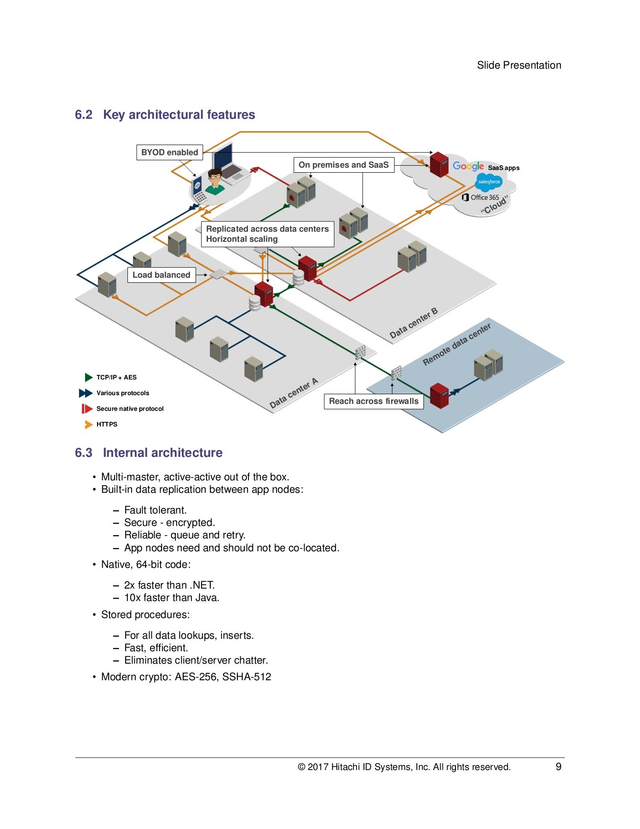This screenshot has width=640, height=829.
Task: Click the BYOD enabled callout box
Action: pyautogui.click(x=169, y=152)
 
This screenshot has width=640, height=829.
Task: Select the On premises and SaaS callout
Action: pyautogui.click(x=344, y=165)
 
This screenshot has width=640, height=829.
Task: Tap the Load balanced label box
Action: pyautogui.click(x=161, y=275)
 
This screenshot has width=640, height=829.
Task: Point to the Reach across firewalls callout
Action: pyautogui.click(x=374, y=401)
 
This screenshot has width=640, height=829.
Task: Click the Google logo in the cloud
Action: pyautogui.click(x=468, y=166)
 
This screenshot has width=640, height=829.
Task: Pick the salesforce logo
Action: pyautogui.click(x=489, y=182)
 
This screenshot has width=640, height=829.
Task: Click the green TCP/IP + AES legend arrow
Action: pyautogui.click(x=89, y=377)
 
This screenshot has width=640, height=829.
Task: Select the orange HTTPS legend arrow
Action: pyautogui.click(x=89, y=424)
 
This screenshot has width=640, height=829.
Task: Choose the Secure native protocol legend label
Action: pyautogui.click(x=130, y=409)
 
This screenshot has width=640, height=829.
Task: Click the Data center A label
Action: pyautogui.click(x=294, y=393)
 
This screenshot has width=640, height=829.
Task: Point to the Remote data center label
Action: pyautogui.click(x=456, y=344)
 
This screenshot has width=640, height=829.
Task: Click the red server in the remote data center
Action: pyautogui.click(x=439, y=396)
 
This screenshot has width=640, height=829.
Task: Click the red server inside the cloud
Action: pyautogui.click(x=439, y=164)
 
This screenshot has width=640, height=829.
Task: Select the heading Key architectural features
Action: pyautogui.click(x=179, y=115)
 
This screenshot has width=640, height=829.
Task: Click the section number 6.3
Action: pyautogui.click(x=84, y=453)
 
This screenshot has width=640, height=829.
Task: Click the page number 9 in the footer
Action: pyautogui.click(x=559, y=766)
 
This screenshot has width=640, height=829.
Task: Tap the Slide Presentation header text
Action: pyautogui.click(x=519, y=65)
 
